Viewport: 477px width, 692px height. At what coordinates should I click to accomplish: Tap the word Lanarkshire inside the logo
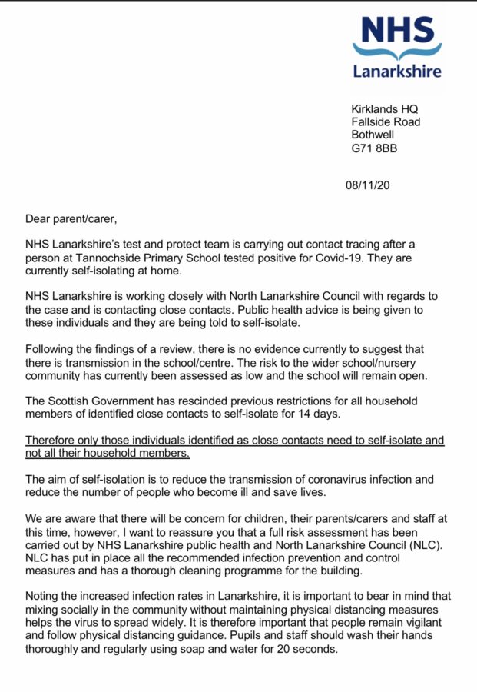pyautogui.click(x=397, y=72)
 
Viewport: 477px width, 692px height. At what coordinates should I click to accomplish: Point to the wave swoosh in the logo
pyautogui.click(x=397, y=52)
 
